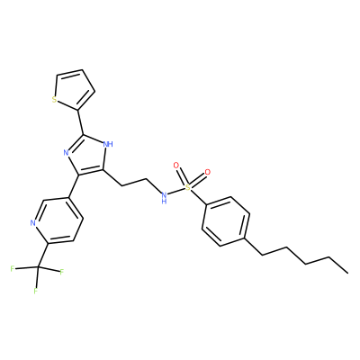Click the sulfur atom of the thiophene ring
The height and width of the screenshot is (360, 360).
[54, 99]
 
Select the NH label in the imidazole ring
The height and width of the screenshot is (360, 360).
[108, 144]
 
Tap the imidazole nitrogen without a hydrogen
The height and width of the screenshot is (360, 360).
[67, 153]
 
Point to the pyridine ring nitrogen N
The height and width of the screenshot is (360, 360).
[33, 223]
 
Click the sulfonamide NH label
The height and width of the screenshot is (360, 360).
[164, 198]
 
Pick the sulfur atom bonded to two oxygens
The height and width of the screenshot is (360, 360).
[187, 188]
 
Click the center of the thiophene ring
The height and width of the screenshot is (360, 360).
[74, 90]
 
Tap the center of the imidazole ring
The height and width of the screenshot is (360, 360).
[87, 155]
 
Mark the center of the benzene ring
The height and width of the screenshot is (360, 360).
[226, 221]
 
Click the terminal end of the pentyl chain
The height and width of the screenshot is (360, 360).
[348, 273]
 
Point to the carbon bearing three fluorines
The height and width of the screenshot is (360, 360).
[38, 266]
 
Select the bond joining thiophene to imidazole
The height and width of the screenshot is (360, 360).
[81, 122]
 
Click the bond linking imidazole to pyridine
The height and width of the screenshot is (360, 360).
[74, 186]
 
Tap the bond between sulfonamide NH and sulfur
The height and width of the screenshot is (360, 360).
[175, 193]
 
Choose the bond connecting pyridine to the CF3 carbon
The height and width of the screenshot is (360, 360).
[43, 255]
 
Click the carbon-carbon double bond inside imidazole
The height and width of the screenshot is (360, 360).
[91, 173]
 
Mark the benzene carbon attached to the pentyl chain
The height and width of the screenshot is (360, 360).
[245, 238]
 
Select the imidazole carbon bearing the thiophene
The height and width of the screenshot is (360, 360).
[84, 135]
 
